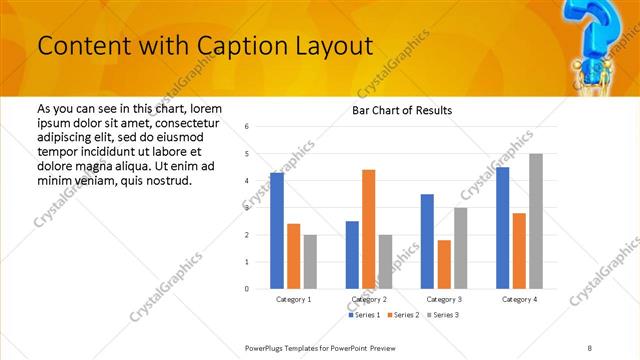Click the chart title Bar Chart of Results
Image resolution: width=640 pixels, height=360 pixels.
[x=402, y=110]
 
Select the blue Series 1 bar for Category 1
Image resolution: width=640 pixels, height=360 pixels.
[x=277, y=231]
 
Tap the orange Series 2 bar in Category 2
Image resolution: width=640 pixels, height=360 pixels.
[x=368, y=229]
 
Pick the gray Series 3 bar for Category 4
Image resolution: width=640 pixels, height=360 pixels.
[x=536, y=221]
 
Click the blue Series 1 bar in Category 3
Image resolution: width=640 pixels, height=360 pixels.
[x=427, y=241]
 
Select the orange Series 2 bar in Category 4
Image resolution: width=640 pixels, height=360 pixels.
[x=519, y=250]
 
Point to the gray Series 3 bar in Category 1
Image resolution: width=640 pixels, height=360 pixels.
[x=310, y=261]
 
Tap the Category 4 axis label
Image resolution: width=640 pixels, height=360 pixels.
[x=519, y=299]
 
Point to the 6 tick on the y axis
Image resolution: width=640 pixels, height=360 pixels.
[x=247, y=127]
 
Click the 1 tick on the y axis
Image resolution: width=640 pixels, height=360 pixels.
[x=247, y=262]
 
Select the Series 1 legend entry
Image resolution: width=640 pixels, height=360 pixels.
[x=363, y=315]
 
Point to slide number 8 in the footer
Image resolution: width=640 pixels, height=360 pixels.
[x=590, y=346]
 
